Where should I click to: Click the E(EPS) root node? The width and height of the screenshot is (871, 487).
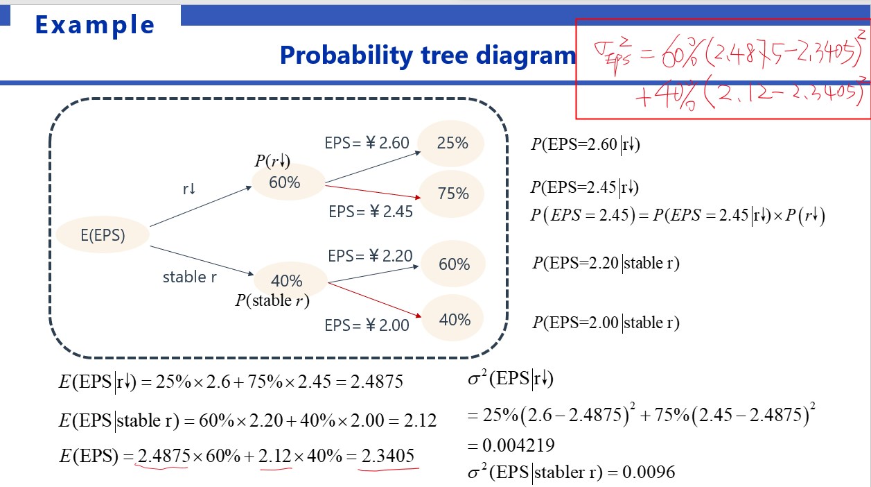103,234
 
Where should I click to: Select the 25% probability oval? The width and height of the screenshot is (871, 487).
452,144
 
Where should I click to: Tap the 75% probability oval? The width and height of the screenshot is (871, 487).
452,194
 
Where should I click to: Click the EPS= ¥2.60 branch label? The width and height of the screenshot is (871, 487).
367,143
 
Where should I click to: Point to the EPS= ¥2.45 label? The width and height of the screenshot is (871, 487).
371,212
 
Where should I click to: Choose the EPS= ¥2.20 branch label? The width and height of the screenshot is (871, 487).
370,256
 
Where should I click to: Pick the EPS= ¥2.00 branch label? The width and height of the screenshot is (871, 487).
367,325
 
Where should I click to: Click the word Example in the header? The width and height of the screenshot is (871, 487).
95,25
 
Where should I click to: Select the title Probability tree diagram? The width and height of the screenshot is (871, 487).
428,55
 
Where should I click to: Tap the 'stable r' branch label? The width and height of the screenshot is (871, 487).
190,277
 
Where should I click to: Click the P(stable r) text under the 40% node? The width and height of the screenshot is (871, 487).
272,300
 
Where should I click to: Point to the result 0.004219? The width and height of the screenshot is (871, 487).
518,445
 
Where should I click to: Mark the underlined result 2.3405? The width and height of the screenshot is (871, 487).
387,456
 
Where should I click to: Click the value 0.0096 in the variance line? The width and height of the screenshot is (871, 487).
649,472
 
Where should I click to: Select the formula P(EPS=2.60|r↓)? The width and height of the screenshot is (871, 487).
586,144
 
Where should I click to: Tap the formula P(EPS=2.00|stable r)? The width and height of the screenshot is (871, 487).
606,323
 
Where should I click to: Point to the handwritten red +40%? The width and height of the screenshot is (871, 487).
666,94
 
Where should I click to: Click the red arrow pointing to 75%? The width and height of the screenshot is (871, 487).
373,192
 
